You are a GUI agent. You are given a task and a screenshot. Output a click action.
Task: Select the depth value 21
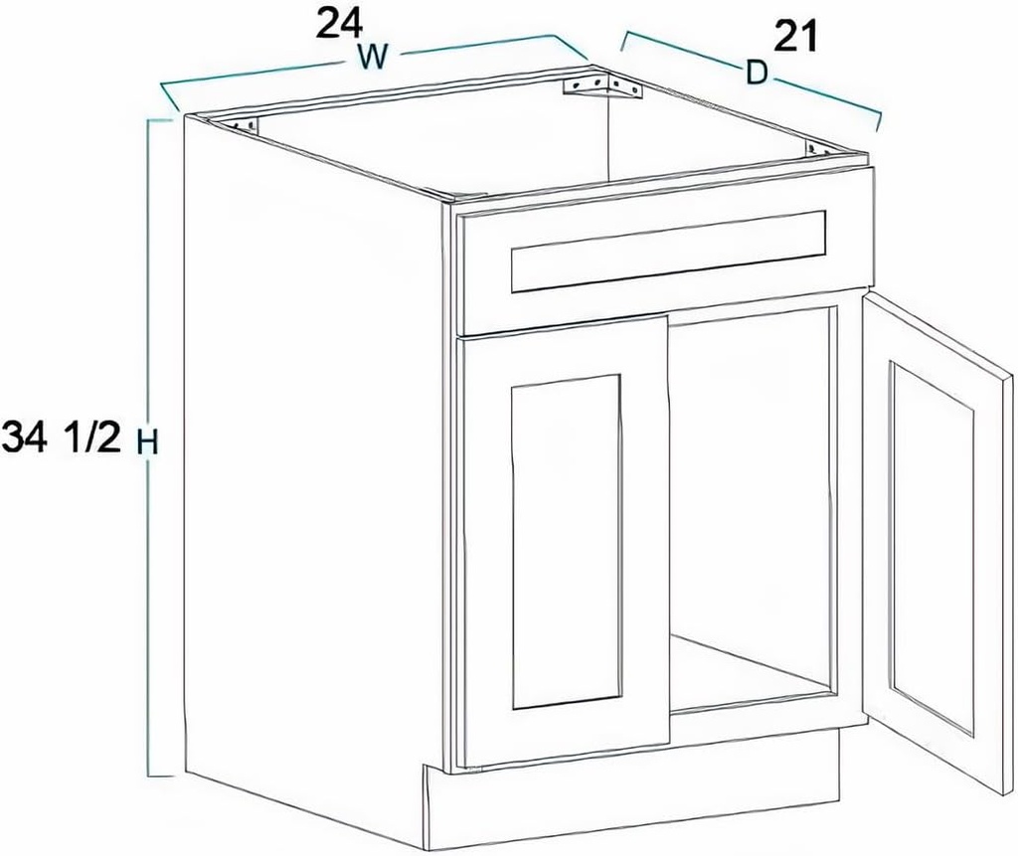point(795,37)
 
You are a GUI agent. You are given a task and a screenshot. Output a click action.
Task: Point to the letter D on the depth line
point(758,74)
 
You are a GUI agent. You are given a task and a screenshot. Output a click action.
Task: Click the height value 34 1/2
point(60,438)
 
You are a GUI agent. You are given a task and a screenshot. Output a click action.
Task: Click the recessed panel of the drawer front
point(668,251)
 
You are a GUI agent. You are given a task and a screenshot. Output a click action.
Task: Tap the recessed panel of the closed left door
point(566,542)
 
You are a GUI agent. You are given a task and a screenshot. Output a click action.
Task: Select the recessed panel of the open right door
point(932,547)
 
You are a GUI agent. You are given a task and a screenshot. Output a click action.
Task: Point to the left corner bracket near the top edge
point(244,125)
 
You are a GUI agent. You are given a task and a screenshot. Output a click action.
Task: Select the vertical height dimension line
point(150,597)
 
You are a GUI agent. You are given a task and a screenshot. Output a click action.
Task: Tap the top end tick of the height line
point(159,119)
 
